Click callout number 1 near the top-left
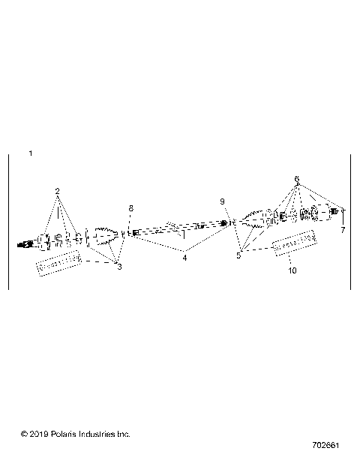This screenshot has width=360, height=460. pos(30,154)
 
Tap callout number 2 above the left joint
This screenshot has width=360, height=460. pos(57,191)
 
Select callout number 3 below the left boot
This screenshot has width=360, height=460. pos(118,267)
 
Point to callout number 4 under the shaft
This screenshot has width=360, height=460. pos(184,258)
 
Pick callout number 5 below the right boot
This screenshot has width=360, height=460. pos(238,255)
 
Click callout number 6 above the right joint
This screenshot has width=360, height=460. pos(297,179)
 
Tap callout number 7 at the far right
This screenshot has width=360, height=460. pos(343,230)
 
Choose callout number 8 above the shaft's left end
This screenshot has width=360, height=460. pos(130,208)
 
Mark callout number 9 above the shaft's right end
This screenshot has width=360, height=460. pos(222,202)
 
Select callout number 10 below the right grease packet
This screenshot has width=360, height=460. pos(292,270)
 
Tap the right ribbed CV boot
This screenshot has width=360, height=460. pos(253,222)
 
